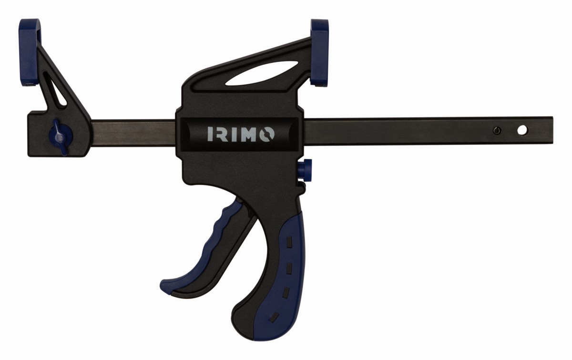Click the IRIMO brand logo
[x=241, y=134]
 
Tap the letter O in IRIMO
[x=267, y=134]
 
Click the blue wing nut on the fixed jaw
[x=59, y=137]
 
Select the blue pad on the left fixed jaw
[x=29, y=52]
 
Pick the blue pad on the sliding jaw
[x=319, y=52]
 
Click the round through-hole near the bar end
[x=522, y=130]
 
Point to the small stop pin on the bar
[x=497, y=131]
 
